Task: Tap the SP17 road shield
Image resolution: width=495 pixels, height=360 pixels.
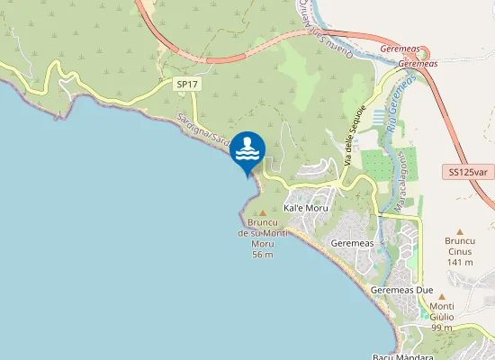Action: pos(187,84)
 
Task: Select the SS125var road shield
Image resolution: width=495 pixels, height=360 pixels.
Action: pos(469,171)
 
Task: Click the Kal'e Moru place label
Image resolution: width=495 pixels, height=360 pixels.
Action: pos(305,208)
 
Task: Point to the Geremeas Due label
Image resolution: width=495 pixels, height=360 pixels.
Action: pos(402,291)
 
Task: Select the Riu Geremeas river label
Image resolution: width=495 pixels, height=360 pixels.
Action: pos(400,104)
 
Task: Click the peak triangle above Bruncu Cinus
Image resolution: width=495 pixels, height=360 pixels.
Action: pos(459,231)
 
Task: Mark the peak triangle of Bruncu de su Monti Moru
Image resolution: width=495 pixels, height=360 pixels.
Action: pos(262,212)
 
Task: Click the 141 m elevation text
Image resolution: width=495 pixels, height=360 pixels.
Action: pos(459,263)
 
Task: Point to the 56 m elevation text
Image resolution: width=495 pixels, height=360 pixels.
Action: pos(263,255)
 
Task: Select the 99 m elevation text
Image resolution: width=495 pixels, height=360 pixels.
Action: pos(442,328)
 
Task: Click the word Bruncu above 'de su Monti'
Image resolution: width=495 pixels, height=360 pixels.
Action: pos(263,222)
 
